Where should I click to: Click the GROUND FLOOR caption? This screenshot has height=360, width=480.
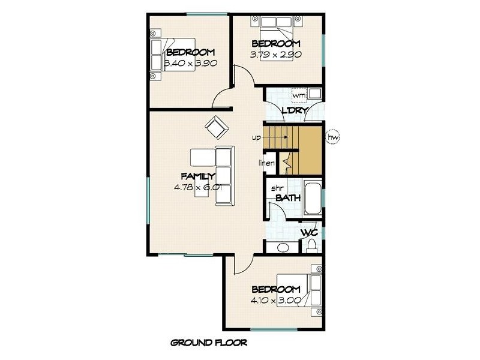pos(209,343)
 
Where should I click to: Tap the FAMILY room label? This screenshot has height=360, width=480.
pos(198,176)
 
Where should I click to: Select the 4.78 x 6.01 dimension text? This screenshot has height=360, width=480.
pos(198,187)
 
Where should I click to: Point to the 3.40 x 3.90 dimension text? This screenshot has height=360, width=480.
pos(190,62)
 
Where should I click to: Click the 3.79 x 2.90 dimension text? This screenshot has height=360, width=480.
pos(275,54)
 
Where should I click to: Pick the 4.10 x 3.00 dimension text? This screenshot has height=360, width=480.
pos(275,299)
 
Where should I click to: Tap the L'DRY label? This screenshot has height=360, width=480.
pos(295,110)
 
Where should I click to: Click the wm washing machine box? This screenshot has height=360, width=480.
pos(299,94)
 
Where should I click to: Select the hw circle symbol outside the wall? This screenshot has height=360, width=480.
pos(333,137)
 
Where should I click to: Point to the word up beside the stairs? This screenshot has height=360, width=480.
pos(256,138)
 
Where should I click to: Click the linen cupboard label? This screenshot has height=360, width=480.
pos(266,163)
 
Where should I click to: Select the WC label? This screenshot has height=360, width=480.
pos(308,232)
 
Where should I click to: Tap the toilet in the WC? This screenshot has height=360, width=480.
pos(311,246)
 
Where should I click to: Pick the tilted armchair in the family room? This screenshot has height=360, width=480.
pos(216,127)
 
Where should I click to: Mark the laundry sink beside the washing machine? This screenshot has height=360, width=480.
pos(316,94)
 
